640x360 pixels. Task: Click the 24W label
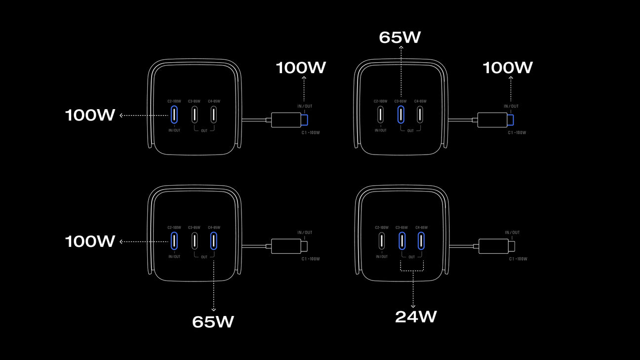coord(416,317)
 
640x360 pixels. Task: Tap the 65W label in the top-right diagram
coord(400,38)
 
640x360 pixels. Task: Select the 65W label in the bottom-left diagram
coord(213,321)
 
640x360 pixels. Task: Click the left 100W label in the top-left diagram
coord(90,116)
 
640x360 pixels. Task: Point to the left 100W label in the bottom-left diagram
coord(90,241)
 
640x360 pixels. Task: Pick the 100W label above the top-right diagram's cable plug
coord(508,68)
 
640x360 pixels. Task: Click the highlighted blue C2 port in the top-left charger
coord(174,114)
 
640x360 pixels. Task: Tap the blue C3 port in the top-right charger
coord(401,114)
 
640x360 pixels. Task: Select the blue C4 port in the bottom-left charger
coord(214,240)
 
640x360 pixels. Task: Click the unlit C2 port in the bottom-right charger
coord(381,240)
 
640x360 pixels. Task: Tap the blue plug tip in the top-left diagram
coord(305,120)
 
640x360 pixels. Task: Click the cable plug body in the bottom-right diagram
coord(493,246)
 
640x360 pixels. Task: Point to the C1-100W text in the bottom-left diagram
coord(311,259)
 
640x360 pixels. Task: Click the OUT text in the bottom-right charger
coord(411,257)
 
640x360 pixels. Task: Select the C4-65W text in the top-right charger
coord(420,101)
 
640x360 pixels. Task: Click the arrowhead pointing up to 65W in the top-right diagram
coord(401,48)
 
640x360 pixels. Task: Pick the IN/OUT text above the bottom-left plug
coord(305,233)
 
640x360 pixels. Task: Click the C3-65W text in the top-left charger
coord(194,101)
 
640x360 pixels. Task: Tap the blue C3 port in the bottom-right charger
coord(402,240)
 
